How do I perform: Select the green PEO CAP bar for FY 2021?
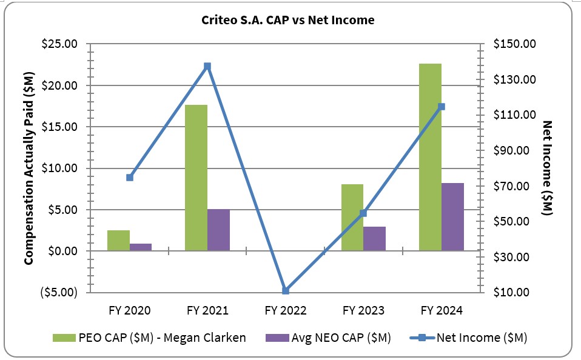(x=196, y=178)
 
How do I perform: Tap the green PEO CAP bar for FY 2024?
(x=430, y=157)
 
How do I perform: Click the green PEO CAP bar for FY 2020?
(x=118, y=240)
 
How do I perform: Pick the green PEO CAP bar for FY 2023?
(x=352, y=217)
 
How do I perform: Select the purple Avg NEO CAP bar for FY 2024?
(x=452, y=216)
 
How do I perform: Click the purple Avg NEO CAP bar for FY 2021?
(x=218, y=230)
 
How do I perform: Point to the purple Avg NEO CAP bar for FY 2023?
(x=374, y=238)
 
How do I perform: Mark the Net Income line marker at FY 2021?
(x=207, y=66)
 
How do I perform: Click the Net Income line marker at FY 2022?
(x=286, y=291)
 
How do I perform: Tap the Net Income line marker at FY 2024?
(x=442, y=107)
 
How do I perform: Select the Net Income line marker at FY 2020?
(x=130, y=178)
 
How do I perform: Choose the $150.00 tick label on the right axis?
(x=516, y=44)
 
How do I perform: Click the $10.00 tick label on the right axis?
(x=513, y=292)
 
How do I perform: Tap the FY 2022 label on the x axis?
(x=286, y=310)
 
